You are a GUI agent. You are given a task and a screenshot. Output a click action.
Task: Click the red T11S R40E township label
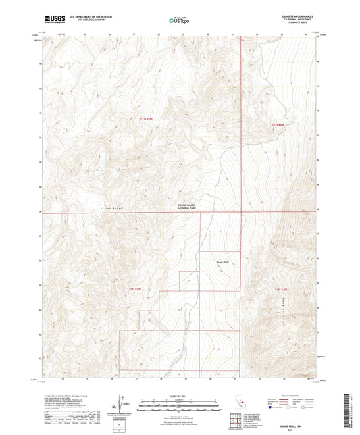(x=279, y=124)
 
